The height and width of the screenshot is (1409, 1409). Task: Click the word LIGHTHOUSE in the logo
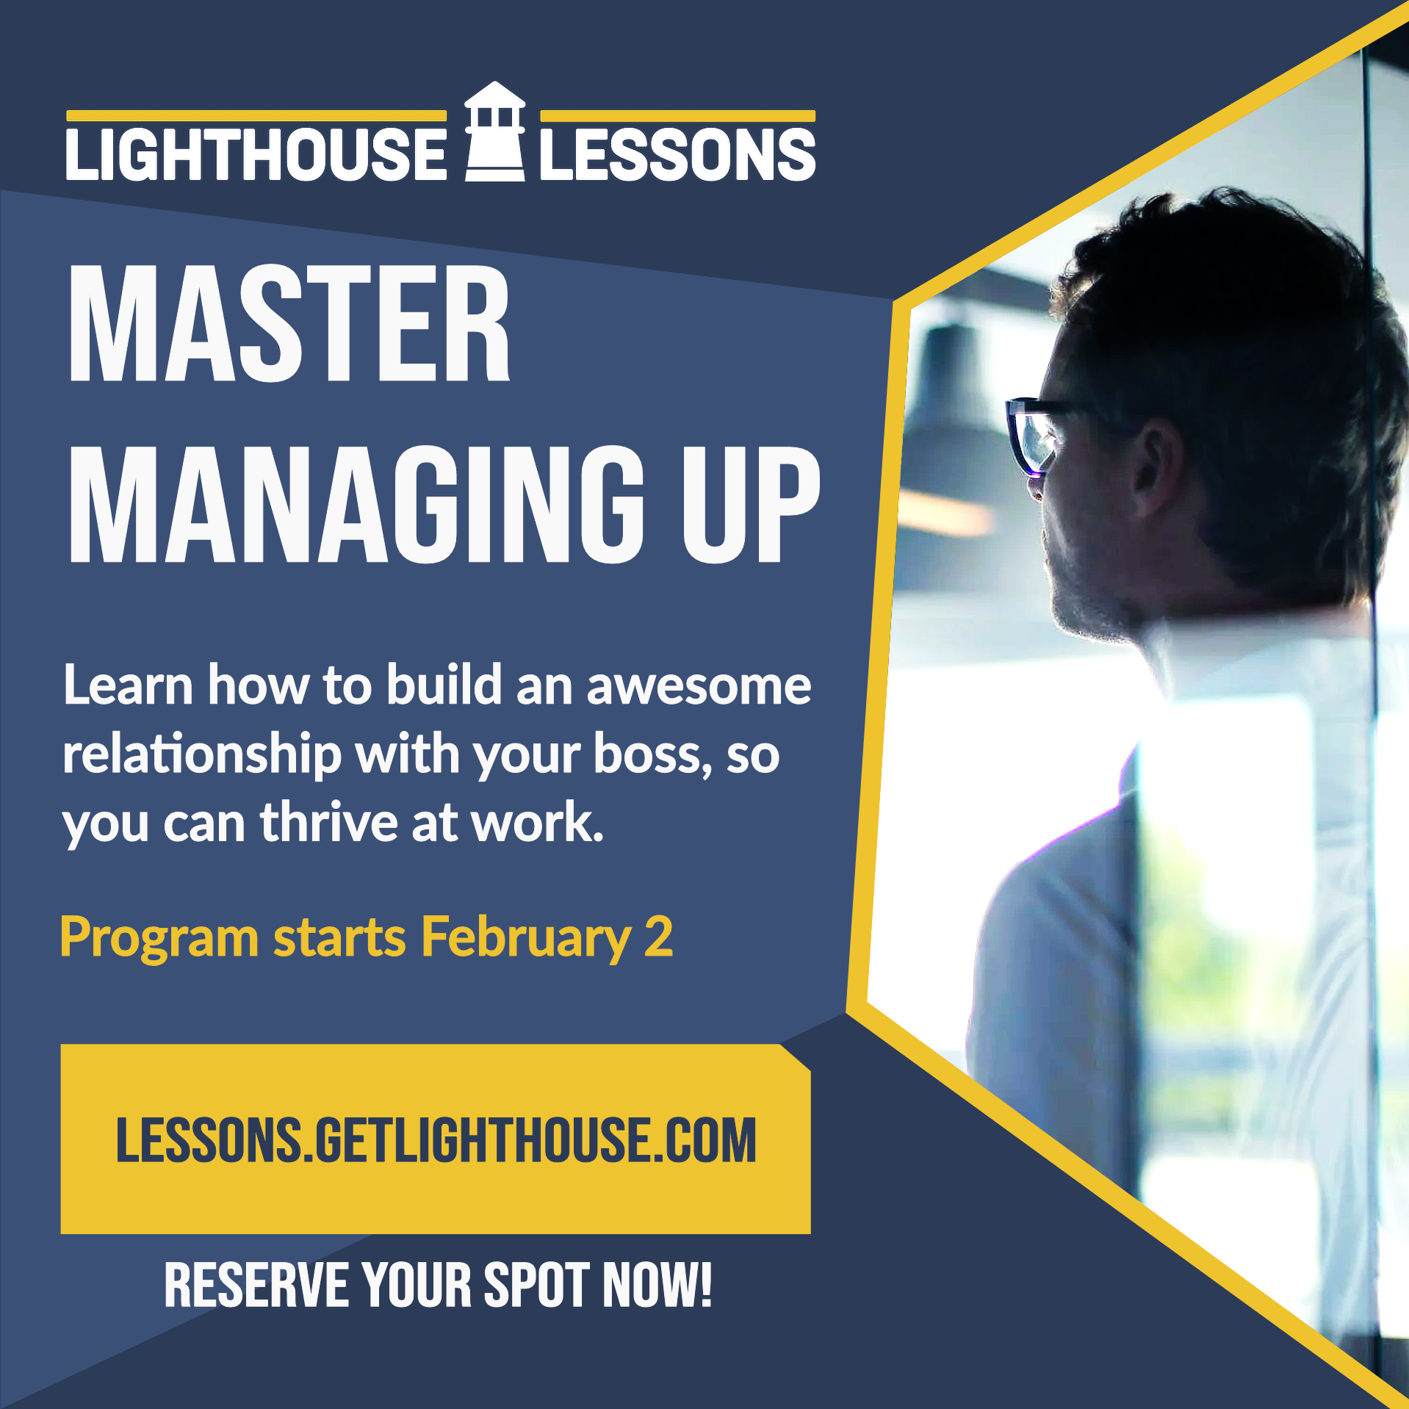[x=256, y=154]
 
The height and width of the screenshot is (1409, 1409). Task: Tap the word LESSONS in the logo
[x=678, y=154]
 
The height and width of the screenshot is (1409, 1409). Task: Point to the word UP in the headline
[x=751, y=505]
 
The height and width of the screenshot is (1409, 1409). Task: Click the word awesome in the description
[x=699, y=686]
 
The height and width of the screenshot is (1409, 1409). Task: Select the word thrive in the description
[x=328, y=822]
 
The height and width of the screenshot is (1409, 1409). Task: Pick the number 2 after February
[x=658, y=936]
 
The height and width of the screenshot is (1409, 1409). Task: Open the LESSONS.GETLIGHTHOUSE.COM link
[x=436, y=1139]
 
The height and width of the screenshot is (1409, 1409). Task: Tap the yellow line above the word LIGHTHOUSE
[x=256, y=115]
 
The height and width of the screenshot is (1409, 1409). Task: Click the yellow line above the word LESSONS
[x=678, y=115]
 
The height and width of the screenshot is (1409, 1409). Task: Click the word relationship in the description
[x=202, y=754]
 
